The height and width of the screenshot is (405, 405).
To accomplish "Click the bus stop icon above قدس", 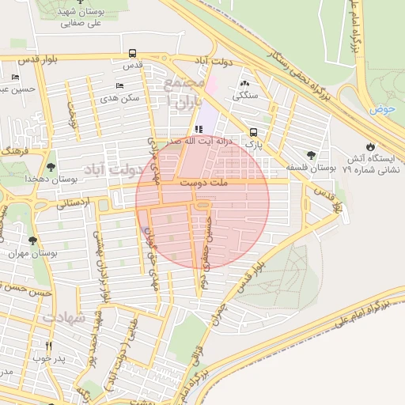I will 132,54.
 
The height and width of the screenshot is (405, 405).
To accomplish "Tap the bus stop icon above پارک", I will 253,132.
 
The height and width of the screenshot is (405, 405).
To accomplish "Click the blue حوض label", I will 380,110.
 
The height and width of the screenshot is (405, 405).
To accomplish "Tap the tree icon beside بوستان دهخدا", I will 51,167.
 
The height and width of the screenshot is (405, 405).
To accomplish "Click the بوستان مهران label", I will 24,254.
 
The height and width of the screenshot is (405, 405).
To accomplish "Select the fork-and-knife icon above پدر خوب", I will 48,346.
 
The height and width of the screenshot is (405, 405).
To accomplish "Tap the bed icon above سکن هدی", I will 119,85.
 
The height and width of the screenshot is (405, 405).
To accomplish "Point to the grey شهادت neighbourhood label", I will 63,317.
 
